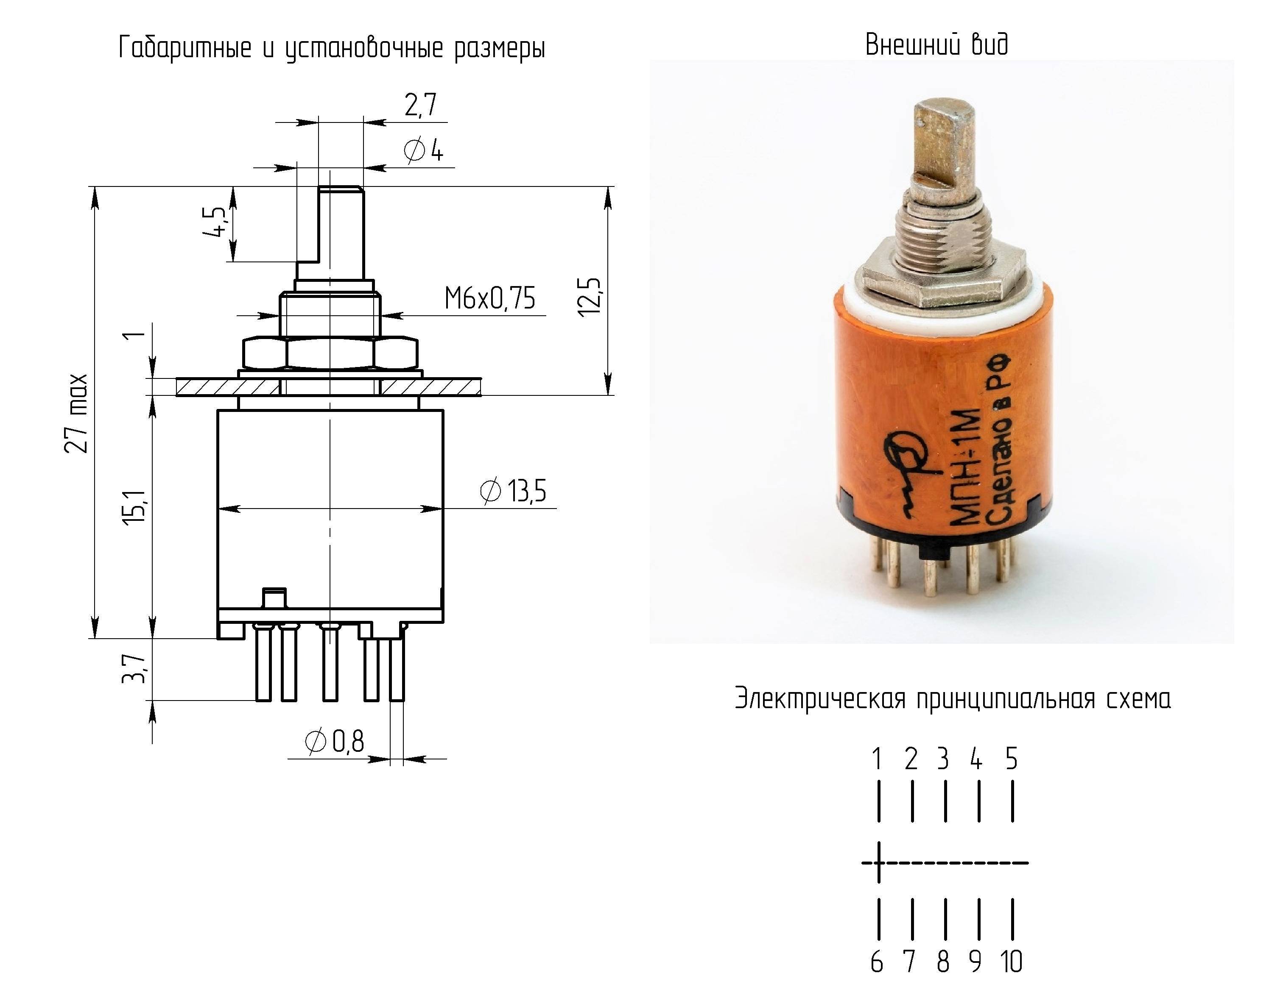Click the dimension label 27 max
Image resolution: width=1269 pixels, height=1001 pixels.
click(77, 413)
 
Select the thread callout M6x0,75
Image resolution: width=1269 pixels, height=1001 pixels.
click(489, 298)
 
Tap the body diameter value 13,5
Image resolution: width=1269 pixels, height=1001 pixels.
click(527, 490)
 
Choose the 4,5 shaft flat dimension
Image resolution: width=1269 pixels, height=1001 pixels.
click(215, 222)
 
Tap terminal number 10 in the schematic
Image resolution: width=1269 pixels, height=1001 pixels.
click(1011, 961)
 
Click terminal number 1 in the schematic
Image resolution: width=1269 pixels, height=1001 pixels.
click(877, 759)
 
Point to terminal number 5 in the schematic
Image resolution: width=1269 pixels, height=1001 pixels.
click(1012, 759)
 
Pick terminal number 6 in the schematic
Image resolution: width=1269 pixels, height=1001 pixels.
click(877, 961)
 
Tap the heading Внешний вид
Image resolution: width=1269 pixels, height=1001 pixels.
click(936, 44)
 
